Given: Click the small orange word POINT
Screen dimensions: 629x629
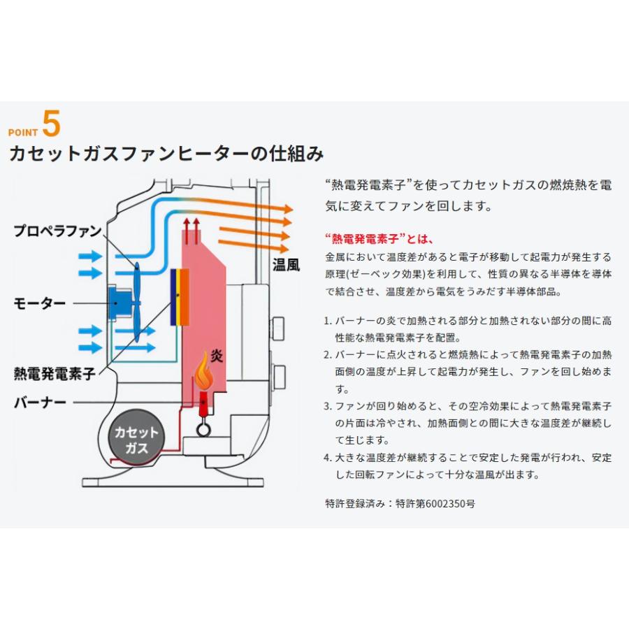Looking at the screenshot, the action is coord(22,132).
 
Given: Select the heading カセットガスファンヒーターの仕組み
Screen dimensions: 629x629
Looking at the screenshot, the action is coord(166,154).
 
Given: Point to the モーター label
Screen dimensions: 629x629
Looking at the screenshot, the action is coord(40,303).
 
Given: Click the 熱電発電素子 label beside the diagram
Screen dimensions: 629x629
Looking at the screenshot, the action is coord(55,374).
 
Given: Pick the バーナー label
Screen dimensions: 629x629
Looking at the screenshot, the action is coord(40,403).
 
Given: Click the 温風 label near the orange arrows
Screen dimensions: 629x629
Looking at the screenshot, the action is coord(286,264).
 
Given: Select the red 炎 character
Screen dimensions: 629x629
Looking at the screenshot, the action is coord(217,356).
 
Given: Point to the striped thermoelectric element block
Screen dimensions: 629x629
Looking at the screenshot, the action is coord(180,297).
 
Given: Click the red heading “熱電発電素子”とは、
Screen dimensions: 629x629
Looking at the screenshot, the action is coord(379,238).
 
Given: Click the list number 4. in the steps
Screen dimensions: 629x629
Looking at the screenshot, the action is coord(328,458).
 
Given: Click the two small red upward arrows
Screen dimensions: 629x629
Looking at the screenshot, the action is coord(191,226).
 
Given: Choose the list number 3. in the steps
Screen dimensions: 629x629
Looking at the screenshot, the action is coord(328,406).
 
